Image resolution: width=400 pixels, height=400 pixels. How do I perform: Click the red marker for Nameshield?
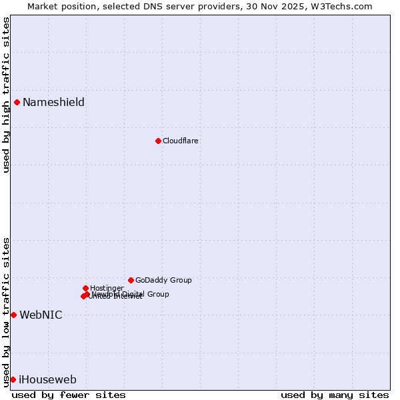point(17,102)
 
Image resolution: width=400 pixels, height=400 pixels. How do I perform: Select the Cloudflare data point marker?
point(158,141)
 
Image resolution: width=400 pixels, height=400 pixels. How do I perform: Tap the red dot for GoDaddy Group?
point(131,280)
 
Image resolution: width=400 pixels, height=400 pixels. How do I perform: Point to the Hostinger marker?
point(85,288)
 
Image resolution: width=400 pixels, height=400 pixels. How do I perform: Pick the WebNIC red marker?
point(13,315)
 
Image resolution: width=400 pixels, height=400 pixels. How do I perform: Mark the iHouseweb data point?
point(13,379)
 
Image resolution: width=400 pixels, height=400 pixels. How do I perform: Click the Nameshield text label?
point(53,102)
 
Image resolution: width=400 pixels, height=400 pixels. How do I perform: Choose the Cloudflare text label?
point(181,141)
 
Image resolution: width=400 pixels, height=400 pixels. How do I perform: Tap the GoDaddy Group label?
point(163,280)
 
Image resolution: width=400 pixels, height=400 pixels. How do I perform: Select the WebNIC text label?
point(41,315)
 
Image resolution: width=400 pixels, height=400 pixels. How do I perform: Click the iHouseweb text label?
point(47,379)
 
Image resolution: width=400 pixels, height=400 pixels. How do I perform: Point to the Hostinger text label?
point(107,288)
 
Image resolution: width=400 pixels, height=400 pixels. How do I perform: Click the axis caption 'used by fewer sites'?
point(69,395)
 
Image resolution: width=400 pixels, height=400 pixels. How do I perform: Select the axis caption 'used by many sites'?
point(335,395)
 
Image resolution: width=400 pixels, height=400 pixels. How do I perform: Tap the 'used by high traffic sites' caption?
point(6,95)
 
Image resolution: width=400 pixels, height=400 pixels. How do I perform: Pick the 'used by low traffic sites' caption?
point(6,311)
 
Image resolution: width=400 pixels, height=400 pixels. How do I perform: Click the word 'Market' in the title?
point(43,6)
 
